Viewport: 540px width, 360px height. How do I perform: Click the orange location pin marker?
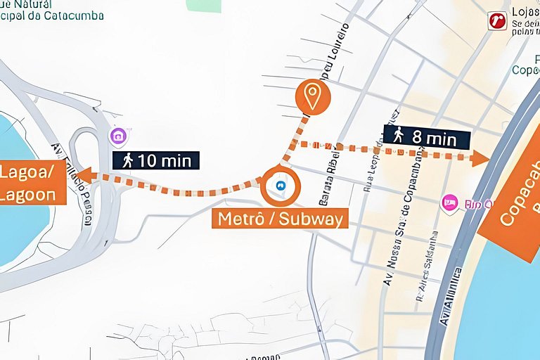pyautogui.click(x=312, y=96)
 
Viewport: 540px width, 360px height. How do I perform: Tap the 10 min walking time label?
pyautogui.click(x=156, y=160)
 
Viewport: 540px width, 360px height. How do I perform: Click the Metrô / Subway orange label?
pyautogui.click(x=281, y=219)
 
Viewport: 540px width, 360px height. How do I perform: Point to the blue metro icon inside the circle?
pyautogui.click(x=281, y=186)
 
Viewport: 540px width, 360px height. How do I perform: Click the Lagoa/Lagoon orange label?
pyautogui.click(x=32, y=183)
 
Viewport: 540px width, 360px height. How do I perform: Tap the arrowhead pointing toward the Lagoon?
pyautogui.click(x=84, y=174)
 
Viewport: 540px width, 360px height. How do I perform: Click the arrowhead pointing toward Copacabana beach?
pyautogui.click(x=482, y=158)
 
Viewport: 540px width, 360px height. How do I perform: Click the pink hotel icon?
pyautogui.click(x=449, y=203)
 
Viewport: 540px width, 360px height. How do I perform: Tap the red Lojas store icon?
pyautogui.click(x=497, y=21)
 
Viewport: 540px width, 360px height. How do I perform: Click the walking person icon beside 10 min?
pyautogui.click(x=127, y=160)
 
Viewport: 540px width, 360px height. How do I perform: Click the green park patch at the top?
pyautogui.click(x=204, y=5)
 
